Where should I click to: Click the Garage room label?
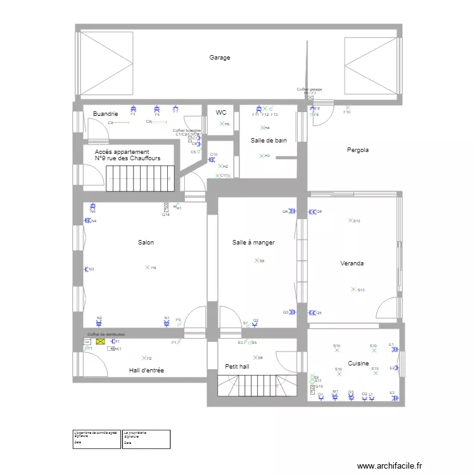click(x=220, y=58)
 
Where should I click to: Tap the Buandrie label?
click(x=105, y=113)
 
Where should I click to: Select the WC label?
click(x=221, y=113)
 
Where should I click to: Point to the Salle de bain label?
click(x=269, y=141)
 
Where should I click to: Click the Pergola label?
click(x=357, y=150)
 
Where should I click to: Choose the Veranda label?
click(x=351, y=263)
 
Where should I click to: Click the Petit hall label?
click(x=237, y=367)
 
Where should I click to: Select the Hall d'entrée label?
click(x=146, y=370)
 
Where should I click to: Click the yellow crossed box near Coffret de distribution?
click(x=100, y=342)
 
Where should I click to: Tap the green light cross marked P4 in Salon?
click(x=147, y=267)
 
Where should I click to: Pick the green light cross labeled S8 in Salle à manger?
click(x=256, y=260)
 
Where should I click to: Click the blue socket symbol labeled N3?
click(x=87, y=269)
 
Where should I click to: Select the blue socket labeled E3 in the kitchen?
click(x=393, y=398)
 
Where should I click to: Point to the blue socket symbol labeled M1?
click(x=335, y=398)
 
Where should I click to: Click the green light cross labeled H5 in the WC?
click(x=222, y=123)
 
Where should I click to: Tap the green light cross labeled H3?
click(x=260, y=155)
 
